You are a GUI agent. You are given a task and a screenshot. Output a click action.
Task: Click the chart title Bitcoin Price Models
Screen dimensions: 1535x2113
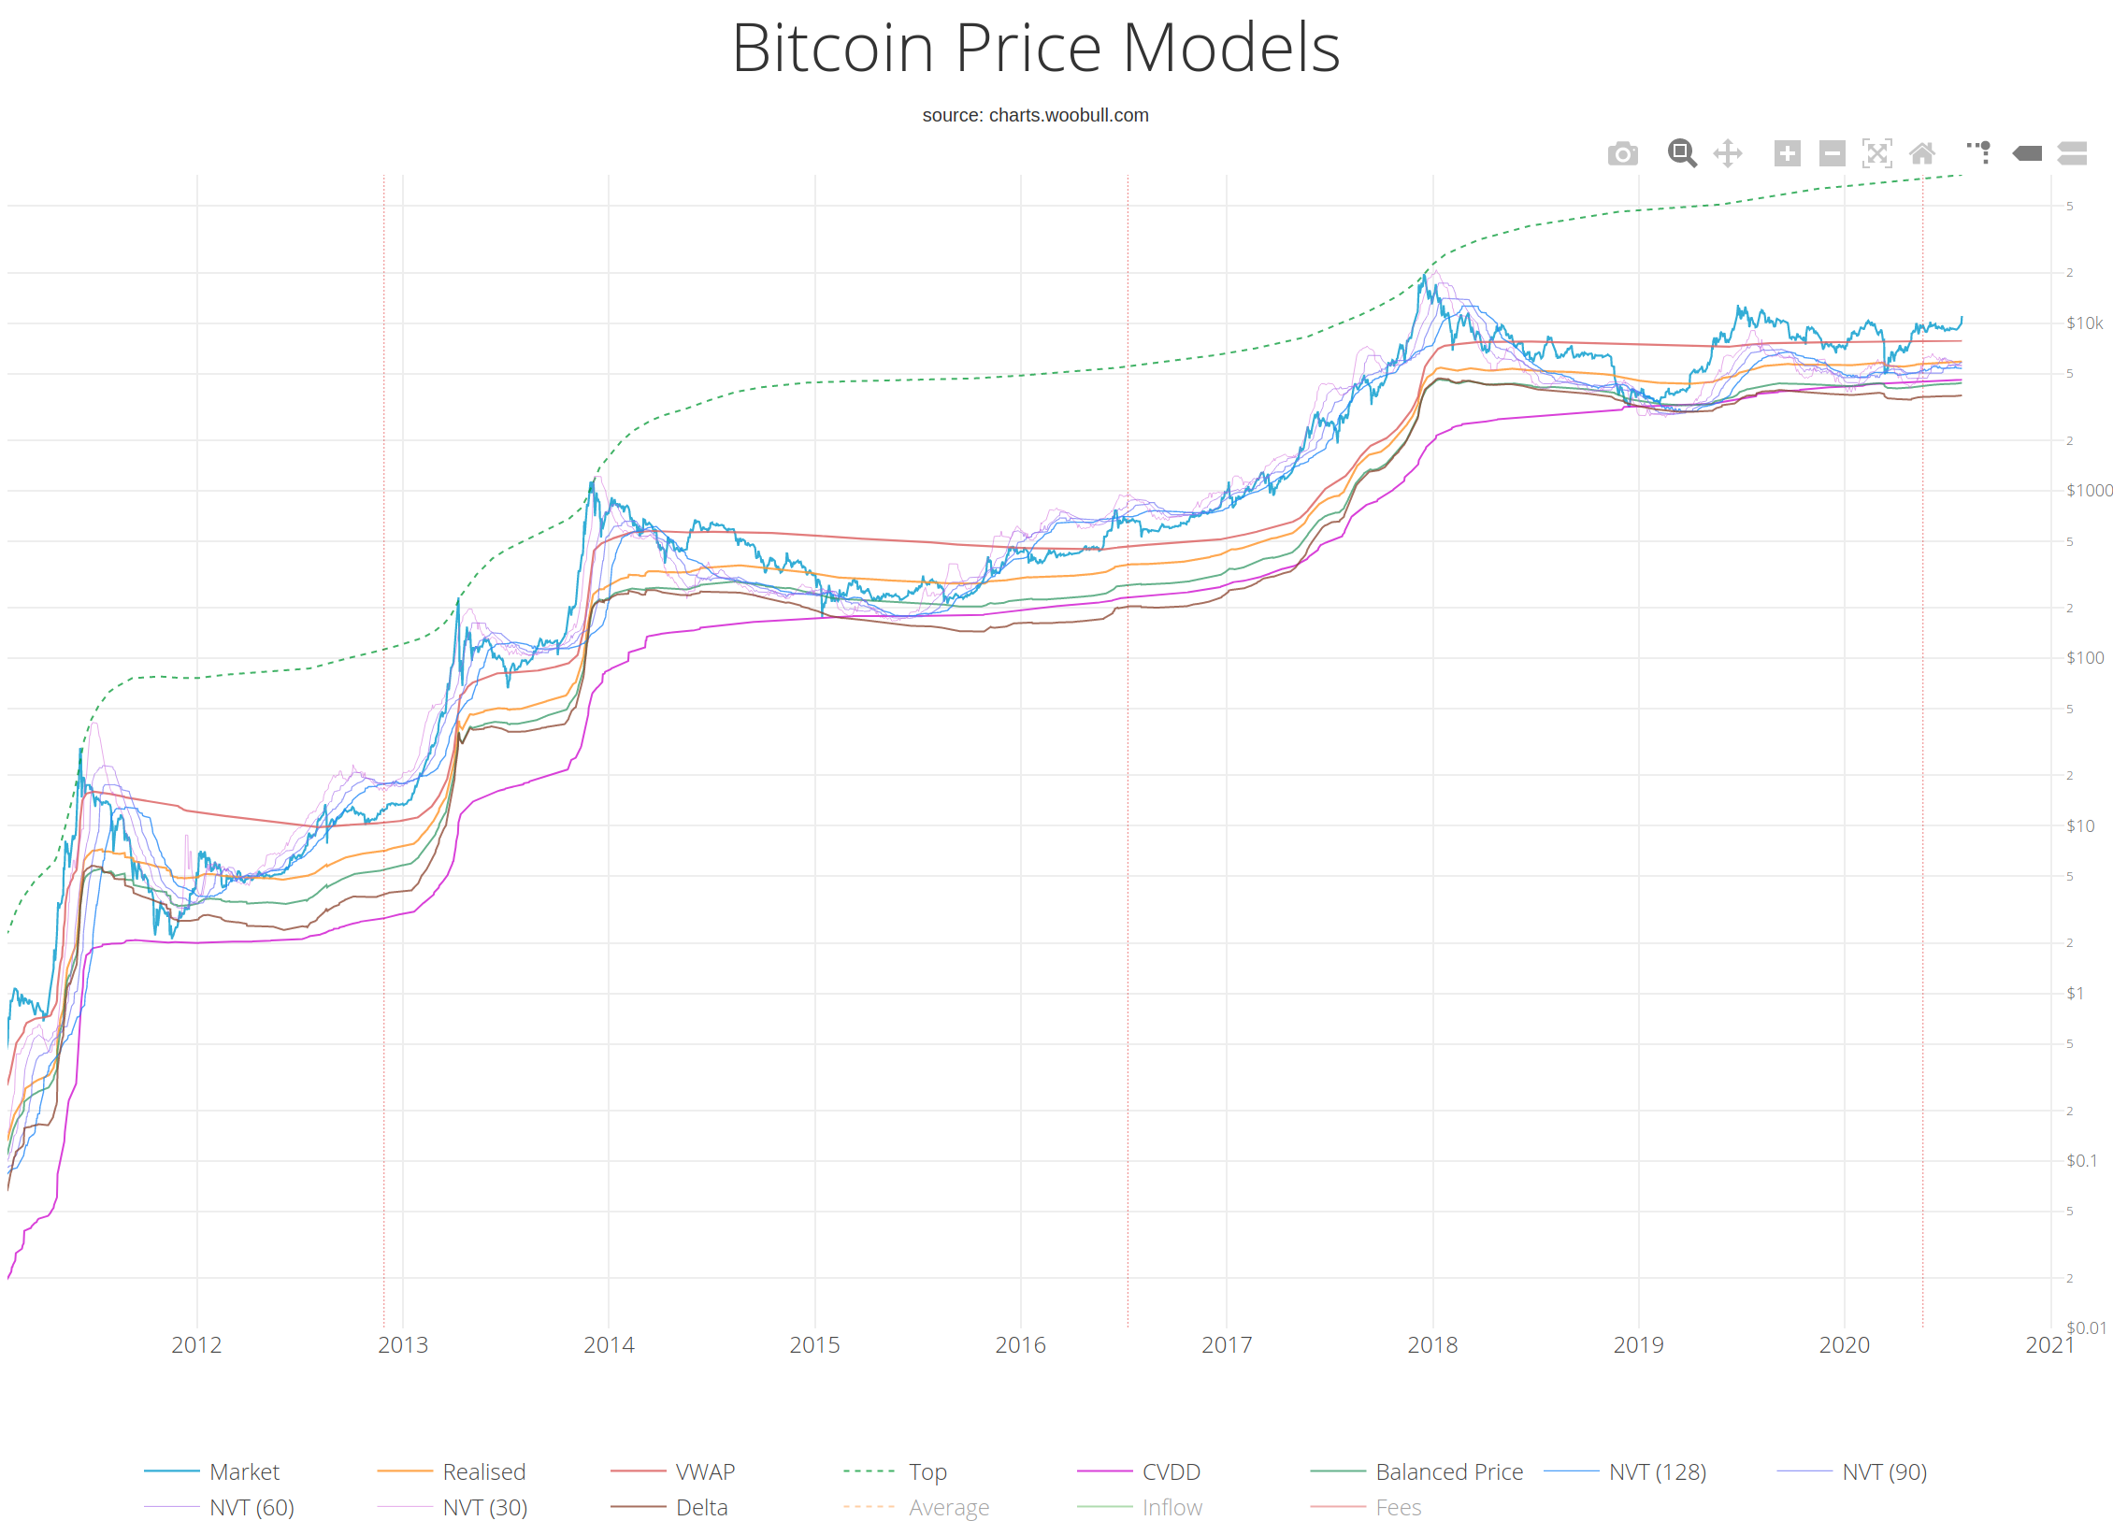click(x=1036, y=49)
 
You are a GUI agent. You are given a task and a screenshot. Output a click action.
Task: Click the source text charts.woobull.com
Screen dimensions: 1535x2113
click(x=1035, y=115)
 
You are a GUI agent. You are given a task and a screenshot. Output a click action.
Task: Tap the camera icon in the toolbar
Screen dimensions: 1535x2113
click(x=1622, y=153)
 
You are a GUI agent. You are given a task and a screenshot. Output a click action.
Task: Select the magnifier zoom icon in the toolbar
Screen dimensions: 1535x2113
click(x=1681, y=153)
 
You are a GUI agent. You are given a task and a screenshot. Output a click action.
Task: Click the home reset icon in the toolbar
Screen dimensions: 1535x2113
click(x=1921, y=153)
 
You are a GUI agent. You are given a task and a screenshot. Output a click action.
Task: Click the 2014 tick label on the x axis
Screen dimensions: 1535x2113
click(x=609, y=1345)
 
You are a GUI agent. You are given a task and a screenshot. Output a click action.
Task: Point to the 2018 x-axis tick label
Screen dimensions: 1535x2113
click(x=1432, y=1345)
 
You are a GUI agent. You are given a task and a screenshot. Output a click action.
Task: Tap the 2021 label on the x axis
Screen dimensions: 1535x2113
click(x=2049, y=1345)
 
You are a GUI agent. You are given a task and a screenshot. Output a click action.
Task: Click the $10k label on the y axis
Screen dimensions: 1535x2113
click(x=2084, y=323)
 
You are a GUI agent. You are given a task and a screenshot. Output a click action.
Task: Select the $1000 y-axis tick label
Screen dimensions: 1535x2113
click(x=2089, y=491)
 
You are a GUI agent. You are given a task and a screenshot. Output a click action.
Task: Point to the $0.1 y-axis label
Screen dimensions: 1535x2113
click(x=2081, y=1161)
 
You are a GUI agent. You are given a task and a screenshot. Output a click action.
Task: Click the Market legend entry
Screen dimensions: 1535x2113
click(x=244, y=1472)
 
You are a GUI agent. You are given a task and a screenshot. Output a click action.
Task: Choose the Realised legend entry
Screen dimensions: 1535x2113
click(x=483, y=1472)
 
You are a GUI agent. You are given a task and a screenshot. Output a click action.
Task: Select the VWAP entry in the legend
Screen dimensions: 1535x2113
click(x=705, y=1472)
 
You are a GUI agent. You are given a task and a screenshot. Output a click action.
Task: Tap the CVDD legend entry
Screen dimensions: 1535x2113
click(x=1171, y=1472)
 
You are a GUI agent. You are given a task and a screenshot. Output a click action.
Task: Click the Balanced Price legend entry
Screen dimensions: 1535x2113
click(x=1448, y=1472)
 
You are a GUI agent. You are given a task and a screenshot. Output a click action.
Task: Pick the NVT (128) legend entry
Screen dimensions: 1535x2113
click(x=1657, y=1472)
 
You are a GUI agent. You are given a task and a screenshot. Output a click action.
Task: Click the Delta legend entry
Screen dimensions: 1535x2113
click(x=701, y=1508)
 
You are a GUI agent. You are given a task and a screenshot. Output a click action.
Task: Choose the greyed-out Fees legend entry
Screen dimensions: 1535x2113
click(x=1398, y=1508)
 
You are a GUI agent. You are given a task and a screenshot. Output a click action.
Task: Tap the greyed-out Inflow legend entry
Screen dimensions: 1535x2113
click(x=1171, y=1508)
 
